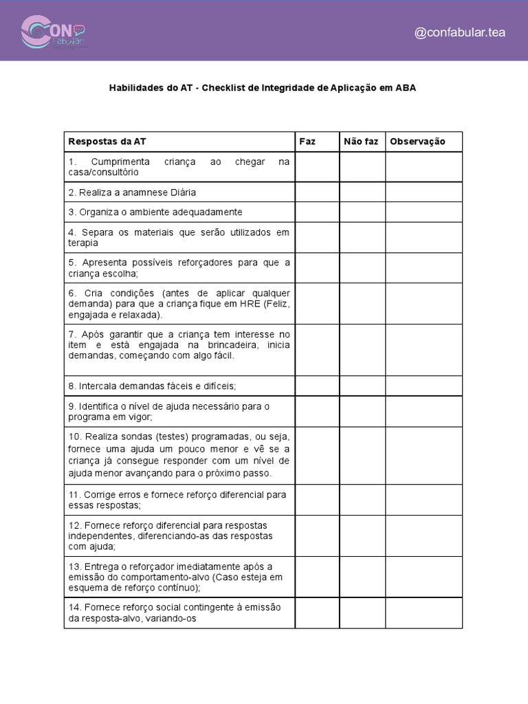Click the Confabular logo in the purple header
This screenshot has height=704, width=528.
(x=53, y=32)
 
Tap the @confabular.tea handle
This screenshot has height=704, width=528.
(x=460, y=33)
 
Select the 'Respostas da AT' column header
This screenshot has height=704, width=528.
(x=107, y=142)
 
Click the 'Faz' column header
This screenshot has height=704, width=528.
(x=307, y=142)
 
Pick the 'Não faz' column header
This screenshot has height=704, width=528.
(x=361, y=142)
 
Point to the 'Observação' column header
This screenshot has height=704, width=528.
(x=417, y=142)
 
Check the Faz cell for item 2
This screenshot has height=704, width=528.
(x=317, y=192)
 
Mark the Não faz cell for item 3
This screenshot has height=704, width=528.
(x=362, y=212)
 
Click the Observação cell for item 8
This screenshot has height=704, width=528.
(x=423, y=386)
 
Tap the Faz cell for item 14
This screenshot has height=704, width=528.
(x=317, y=613)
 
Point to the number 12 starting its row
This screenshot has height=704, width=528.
(x=74, y=525)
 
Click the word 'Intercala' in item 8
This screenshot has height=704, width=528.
(x=97, y=386)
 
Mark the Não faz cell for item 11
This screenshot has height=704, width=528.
(x=362, y=500)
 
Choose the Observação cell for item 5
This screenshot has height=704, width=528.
(x=423, y=267)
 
